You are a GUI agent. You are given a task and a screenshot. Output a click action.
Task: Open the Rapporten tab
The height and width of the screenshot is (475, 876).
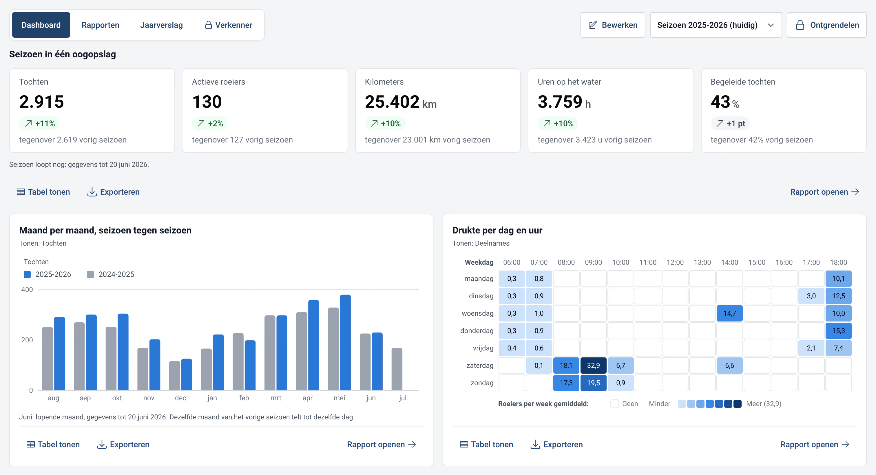pos(100,25)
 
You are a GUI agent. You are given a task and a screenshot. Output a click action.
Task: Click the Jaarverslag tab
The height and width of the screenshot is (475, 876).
pos(161,25)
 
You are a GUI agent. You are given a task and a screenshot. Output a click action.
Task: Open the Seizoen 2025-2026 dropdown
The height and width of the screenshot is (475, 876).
pos(716,25)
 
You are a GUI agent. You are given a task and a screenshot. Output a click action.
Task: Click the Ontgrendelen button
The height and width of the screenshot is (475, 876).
pos(826,25)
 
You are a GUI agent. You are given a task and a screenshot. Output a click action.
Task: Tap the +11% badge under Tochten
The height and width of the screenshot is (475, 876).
pos(39,123)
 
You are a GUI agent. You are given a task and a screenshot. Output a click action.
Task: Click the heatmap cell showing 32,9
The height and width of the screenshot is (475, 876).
pos(593,365)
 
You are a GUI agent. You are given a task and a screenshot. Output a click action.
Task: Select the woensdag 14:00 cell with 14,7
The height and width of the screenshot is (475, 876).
pos(729,313)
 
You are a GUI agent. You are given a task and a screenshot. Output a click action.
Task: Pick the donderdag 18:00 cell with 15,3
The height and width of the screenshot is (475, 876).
pos(838,330)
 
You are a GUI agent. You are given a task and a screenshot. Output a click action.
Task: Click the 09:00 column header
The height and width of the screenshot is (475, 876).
pos(593,262)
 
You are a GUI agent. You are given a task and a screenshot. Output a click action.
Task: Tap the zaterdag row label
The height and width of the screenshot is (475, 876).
pos(480,365)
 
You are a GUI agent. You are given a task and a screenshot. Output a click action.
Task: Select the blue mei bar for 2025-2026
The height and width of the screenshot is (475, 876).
pos(345,342)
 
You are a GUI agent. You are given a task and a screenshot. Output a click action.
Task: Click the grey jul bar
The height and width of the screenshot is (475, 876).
pos(397,369)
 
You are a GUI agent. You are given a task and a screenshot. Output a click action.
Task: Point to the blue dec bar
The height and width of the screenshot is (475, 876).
pos(186,374)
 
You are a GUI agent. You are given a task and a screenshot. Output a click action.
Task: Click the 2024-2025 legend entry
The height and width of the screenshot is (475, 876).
pos(111,274)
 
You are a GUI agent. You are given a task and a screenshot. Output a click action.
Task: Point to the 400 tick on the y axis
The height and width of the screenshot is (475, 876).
pos(27,290)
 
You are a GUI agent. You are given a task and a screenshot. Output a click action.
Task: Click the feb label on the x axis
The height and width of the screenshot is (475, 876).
pos(244,398)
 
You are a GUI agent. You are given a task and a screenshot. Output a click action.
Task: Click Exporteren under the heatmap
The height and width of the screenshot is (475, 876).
pos(556,444)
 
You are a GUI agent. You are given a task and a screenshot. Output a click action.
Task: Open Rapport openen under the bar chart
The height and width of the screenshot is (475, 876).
pos(382,444)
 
